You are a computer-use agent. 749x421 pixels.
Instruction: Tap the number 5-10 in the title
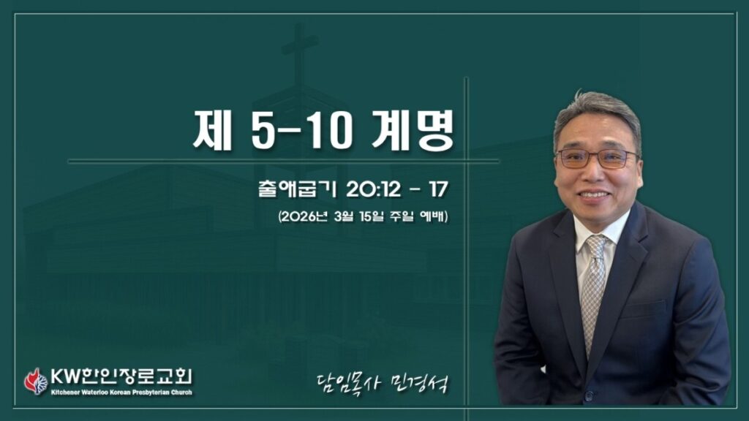click(302, 131)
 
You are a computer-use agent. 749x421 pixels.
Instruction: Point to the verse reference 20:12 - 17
click(397, 189)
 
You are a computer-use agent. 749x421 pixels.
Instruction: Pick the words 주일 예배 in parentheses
click(417, 216)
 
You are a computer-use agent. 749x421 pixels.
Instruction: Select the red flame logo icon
click(36, 382)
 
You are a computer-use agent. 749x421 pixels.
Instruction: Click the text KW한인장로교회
click(121, 376)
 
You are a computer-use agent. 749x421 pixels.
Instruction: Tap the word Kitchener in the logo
click(65, 392)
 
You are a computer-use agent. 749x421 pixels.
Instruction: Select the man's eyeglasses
click(597, 159)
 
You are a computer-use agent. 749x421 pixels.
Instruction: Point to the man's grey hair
click(597, 115)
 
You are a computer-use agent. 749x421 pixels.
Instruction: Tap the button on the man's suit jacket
click(589, 395)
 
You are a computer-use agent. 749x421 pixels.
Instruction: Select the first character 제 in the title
click(212, 130)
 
